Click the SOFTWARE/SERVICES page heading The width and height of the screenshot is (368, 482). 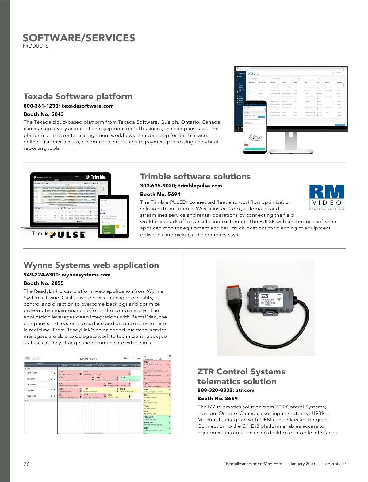79,38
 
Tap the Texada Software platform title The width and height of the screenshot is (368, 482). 78,96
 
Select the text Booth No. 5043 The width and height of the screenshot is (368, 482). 44,114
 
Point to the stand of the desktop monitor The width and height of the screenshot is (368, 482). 291,143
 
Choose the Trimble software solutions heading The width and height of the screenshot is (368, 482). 195,176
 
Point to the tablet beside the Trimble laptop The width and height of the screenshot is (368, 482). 114,216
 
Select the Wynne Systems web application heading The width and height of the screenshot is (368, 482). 91,265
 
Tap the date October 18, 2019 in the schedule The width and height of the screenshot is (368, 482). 88,359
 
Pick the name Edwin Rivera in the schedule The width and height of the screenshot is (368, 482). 32,373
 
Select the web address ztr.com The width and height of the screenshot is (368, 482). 245,390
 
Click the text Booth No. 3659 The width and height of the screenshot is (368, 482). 217,399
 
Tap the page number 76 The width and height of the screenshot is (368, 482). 27,464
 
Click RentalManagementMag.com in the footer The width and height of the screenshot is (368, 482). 254,464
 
